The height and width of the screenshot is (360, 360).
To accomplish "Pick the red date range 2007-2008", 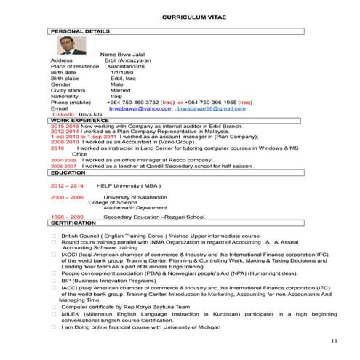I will pyautogui.click(x=63, y=159).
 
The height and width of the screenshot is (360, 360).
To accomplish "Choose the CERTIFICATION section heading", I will pyautogui.click(x=73, y=223).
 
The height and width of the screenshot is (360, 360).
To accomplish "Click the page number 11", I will pyautogui.click(x=335, y=341).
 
